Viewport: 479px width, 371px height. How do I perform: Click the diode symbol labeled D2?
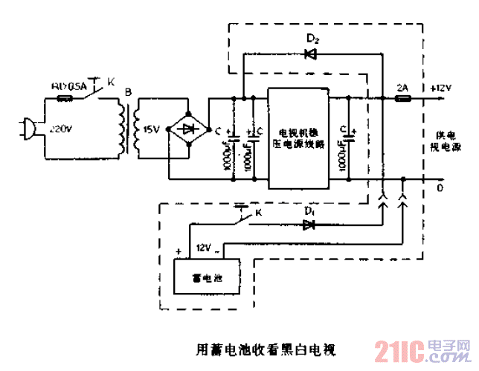pyautogui.click(x=311, y=53)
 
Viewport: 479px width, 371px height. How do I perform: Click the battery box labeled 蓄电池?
pyautogui.click(x=206, y=278)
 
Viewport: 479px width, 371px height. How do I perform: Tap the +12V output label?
pyautogui.click(x=440, y=87)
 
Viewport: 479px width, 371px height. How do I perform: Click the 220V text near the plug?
pyautogui.click(x=62, y=129)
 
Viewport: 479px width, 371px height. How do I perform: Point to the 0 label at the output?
pyautogui.click(x=440, y=187)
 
